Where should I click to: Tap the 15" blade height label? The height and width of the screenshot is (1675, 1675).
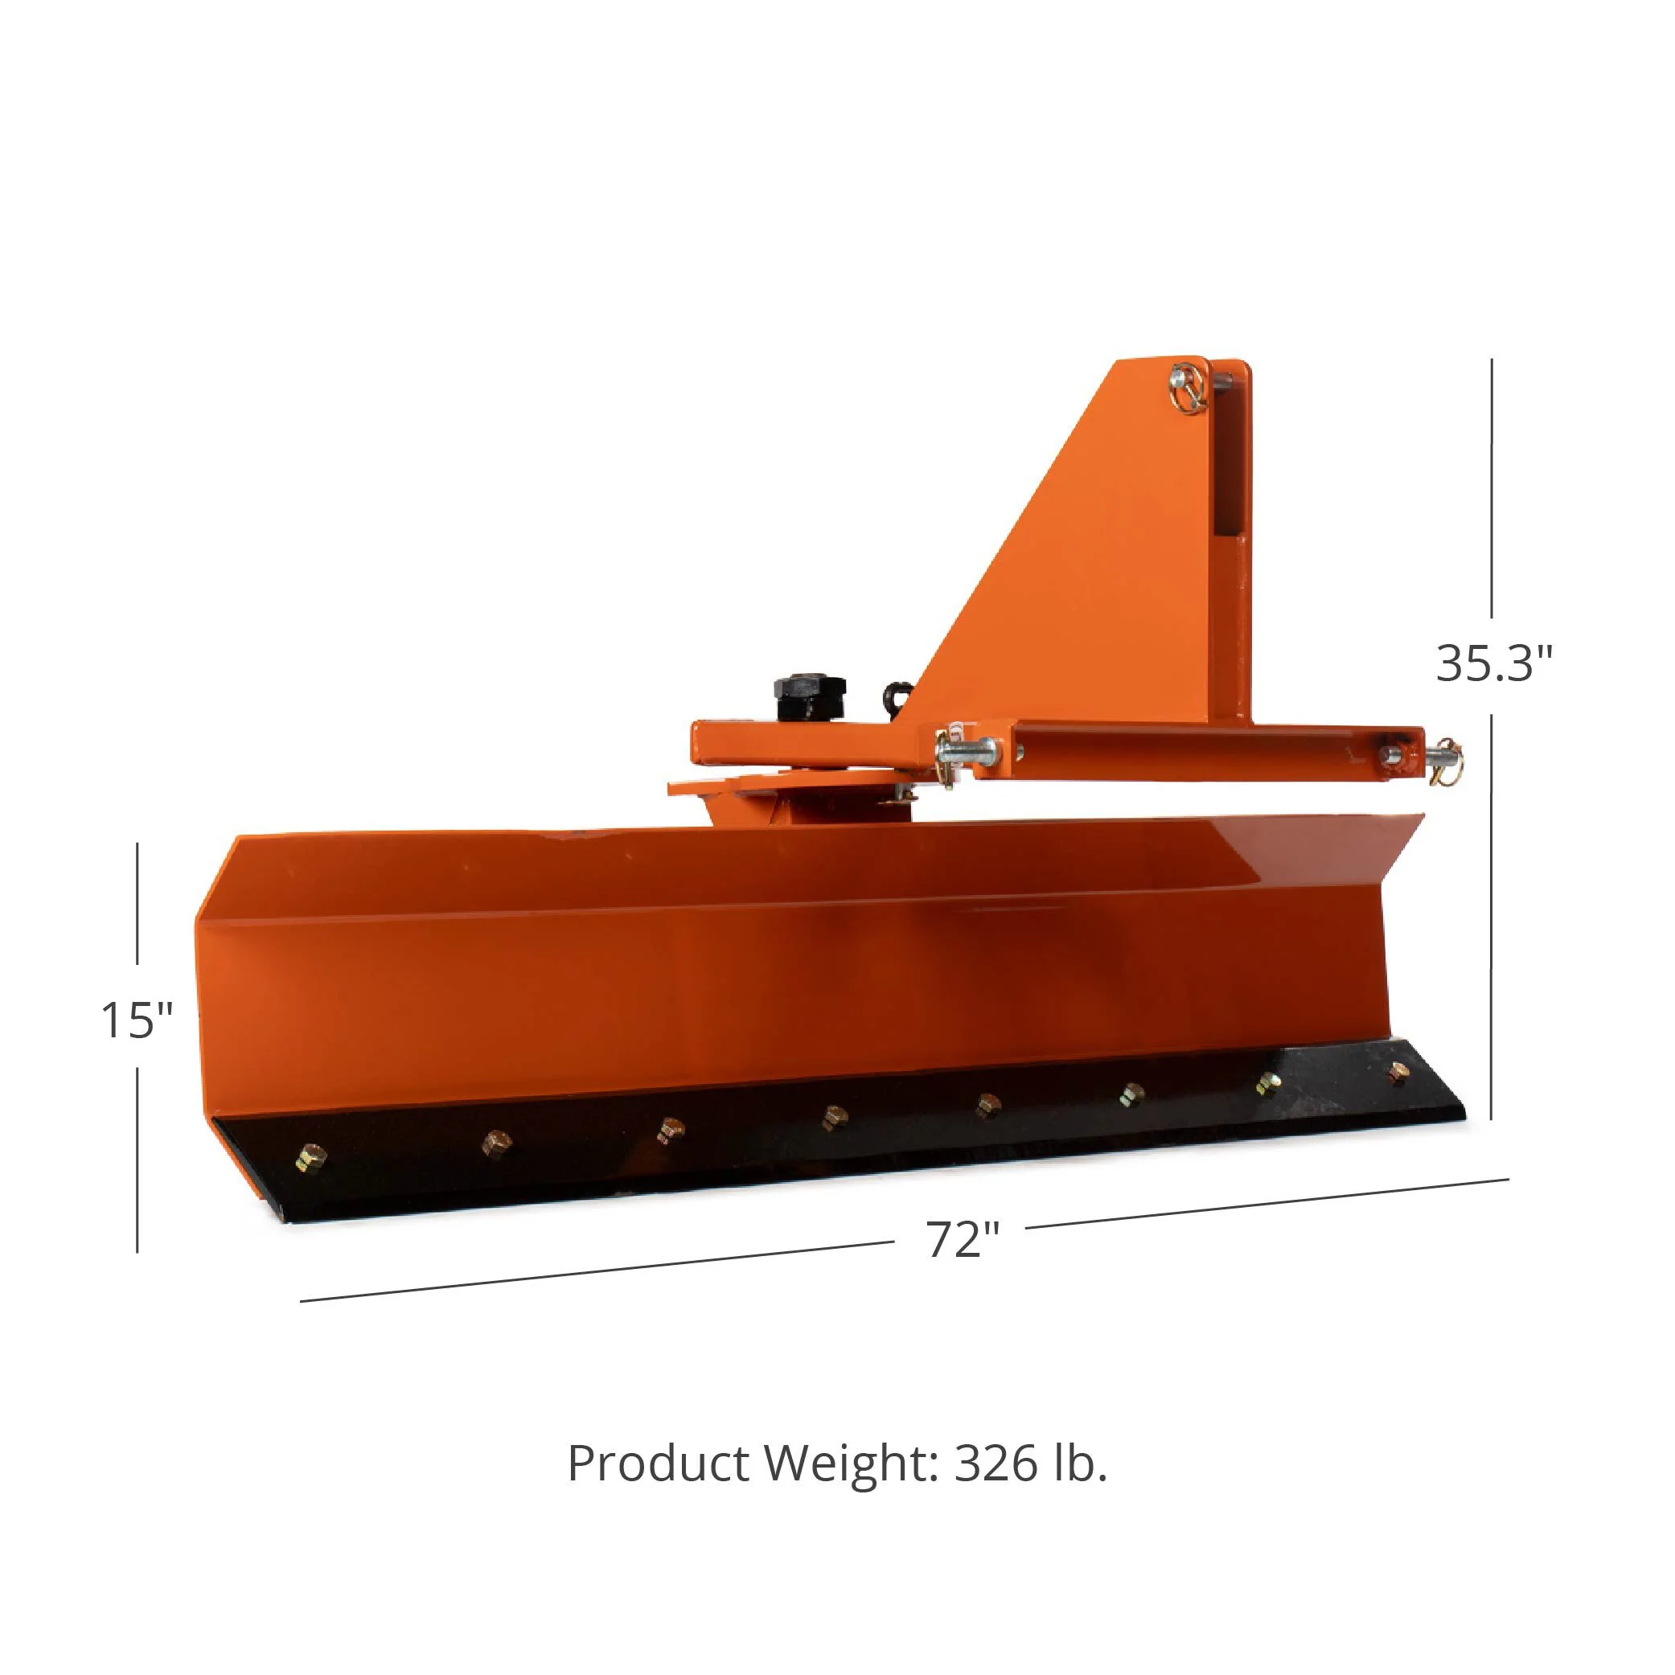tap(137, 1020)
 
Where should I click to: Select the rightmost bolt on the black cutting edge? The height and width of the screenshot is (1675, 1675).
tap(1397, 1075)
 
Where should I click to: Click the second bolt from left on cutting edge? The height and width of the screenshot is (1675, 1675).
tap(497, 1142)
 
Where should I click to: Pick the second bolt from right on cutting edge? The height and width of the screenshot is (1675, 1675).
tap(1268, 1083)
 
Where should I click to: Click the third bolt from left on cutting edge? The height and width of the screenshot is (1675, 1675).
tap(669, 1129)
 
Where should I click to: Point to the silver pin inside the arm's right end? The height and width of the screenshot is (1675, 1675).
tap(1391, 752)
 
